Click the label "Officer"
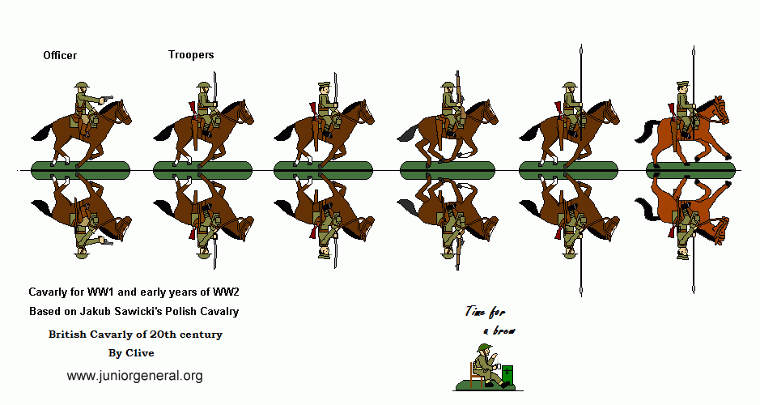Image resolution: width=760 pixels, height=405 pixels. (x=60, y=56)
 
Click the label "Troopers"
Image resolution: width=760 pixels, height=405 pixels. (x=191, y=55)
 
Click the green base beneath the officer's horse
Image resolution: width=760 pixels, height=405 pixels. (x=79, y=170)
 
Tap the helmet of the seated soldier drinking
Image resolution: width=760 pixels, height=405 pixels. (x=484, y=349)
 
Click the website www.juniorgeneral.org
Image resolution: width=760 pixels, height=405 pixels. (x=134, y=376)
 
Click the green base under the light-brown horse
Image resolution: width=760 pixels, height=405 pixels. (x=694, y=170)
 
